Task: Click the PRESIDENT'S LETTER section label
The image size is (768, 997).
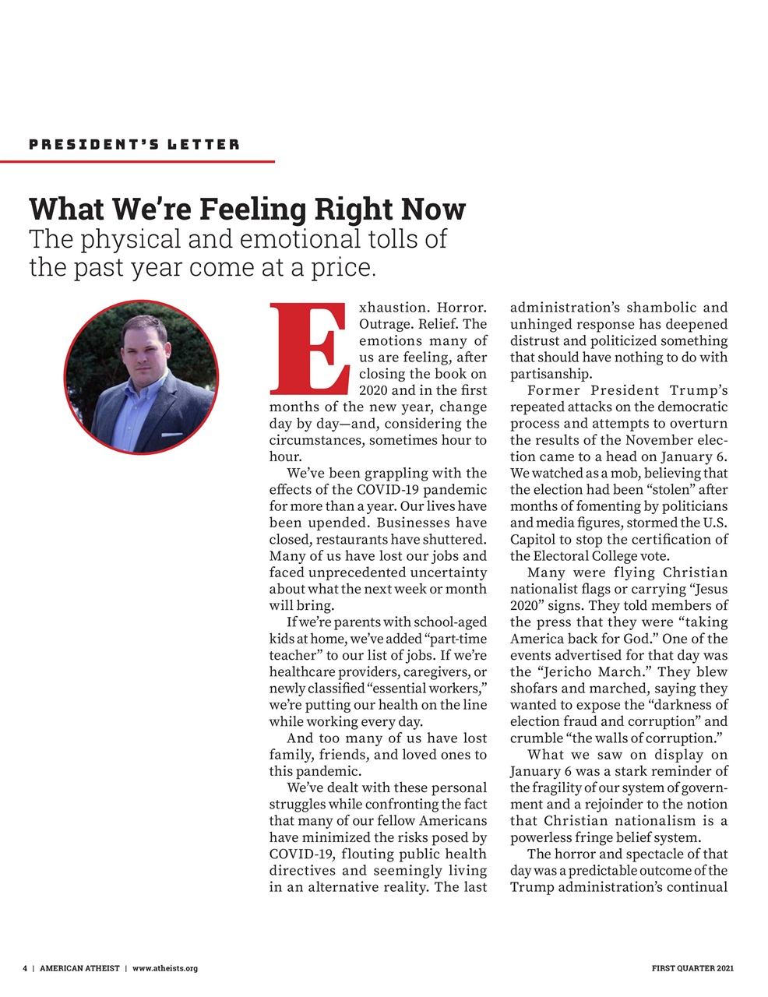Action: [x=134, y=145]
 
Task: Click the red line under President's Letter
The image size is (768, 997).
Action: [x=137, y=161]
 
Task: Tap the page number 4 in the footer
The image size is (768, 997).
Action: [x=25, y=968]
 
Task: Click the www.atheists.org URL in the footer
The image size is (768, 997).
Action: [x=165, y=968]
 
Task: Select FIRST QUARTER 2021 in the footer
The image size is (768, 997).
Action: [x=692, y=968]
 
